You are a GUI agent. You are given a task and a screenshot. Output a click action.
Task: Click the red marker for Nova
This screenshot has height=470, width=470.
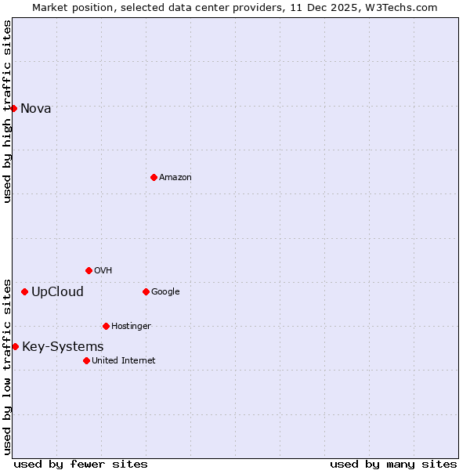[13, 108]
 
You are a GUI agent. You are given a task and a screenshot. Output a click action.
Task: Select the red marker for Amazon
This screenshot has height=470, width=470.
[154, 177]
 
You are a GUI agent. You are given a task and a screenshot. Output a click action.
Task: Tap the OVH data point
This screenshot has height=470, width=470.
[89, 270]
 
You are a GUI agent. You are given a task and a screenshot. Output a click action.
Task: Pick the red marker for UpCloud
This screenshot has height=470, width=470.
[24, 292]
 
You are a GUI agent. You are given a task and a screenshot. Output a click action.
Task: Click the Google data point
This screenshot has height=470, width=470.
[146, 291]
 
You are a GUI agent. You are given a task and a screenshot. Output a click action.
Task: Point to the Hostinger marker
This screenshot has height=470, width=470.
[106, 326]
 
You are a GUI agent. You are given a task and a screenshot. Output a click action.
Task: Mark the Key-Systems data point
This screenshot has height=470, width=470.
[15, 346]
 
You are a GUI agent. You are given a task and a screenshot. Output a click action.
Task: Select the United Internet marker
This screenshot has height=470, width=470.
[86, 360]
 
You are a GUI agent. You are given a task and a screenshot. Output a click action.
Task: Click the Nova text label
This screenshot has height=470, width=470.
[36, 108]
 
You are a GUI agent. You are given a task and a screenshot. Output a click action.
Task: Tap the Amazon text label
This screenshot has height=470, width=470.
[175, 177]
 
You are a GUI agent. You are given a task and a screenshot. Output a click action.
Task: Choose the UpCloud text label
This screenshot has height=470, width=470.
[57, 292]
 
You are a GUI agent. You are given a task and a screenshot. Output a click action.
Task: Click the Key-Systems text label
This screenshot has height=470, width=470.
[63, 346]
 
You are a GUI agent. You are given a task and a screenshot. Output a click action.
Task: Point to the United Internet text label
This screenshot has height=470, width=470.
[124, 360]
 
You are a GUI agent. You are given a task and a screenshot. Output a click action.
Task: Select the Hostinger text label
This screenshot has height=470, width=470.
[131, 326]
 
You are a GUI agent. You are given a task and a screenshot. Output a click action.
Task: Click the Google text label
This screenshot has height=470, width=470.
[165, 291]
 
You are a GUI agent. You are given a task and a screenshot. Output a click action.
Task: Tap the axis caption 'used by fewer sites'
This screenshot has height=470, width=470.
[81, 464]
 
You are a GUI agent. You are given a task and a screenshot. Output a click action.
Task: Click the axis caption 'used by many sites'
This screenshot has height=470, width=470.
[393, 464]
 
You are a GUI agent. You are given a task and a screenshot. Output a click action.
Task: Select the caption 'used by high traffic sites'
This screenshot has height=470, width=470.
[7, 111]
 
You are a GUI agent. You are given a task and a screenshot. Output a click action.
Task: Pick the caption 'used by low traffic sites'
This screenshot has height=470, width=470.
[7, 366]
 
